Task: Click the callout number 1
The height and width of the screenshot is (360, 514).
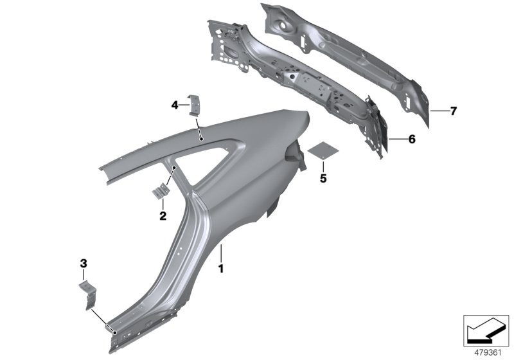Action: [x=222, y=268]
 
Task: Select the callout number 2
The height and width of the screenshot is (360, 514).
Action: [x=163, y=215]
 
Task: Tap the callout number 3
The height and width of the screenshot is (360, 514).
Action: [x=83, y=262]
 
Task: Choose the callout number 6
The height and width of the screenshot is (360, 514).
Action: [x=412, y=139]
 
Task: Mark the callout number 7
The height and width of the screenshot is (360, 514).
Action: [x=453, y=111]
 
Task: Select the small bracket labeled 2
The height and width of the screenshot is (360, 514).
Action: [x=160, y=192]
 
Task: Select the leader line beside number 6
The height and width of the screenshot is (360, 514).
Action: [x=398, y=139]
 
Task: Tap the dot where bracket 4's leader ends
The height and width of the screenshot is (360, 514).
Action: [x=201, y=137]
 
